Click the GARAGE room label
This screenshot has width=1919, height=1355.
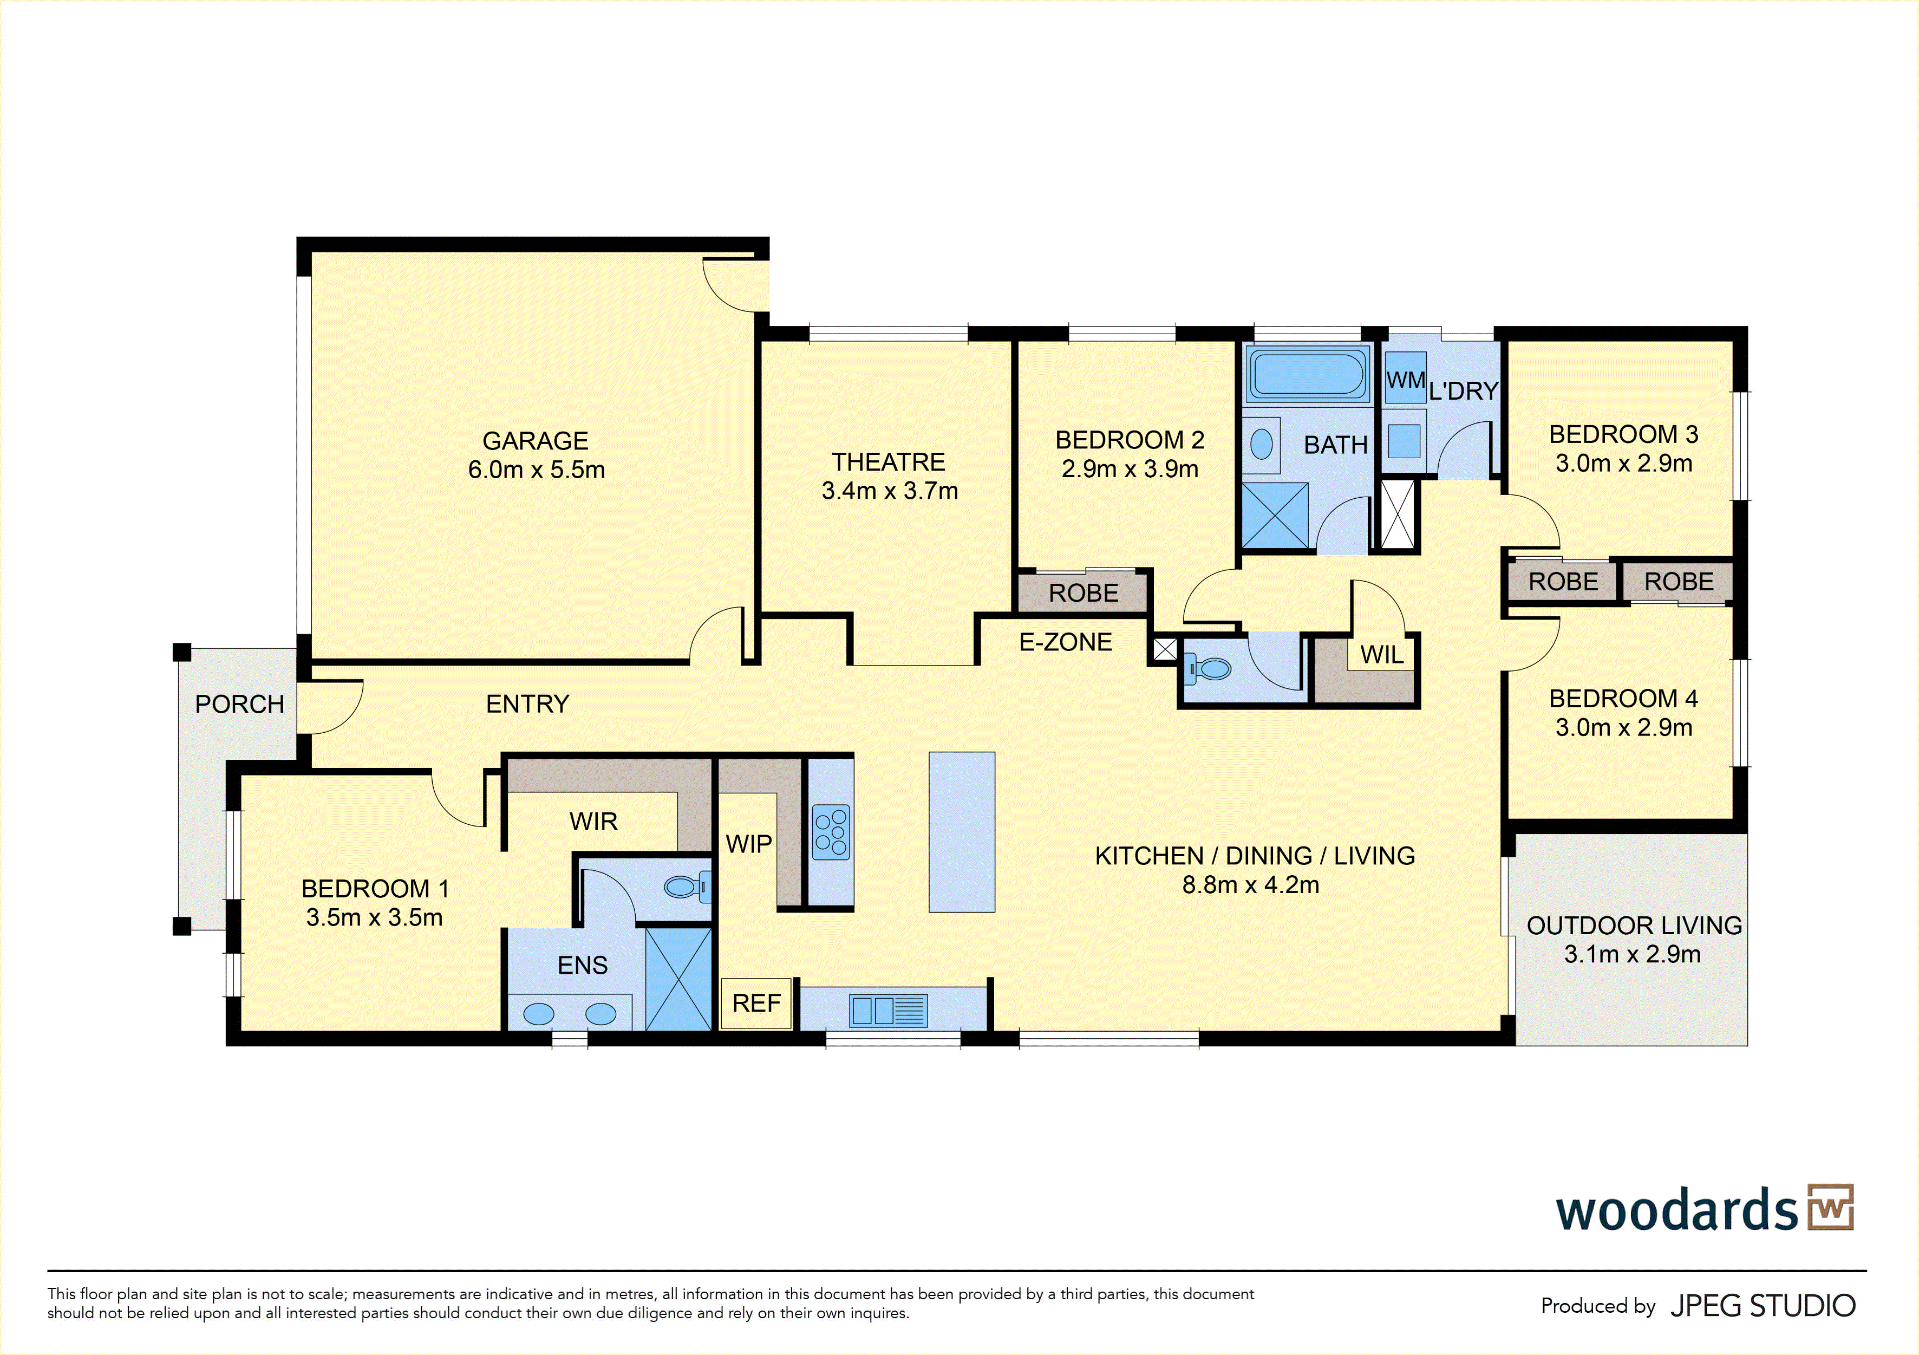[536, 440]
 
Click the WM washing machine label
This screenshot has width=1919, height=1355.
[1406, 380]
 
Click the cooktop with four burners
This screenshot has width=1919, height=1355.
[831, 832]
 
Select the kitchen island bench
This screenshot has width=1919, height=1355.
[962, 832]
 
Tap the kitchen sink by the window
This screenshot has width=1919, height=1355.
[889, 1010]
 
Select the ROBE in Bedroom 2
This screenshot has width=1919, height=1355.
[1083, 592]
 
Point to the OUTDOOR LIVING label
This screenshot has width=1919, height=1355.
[1634, 926]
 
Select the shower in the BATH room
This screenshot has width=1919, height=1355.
[1275, 516]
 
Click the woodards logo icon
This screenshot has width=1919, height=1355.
[1830, 1207]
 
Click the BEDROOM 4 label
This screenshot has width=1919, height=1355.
[1623, 698]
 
